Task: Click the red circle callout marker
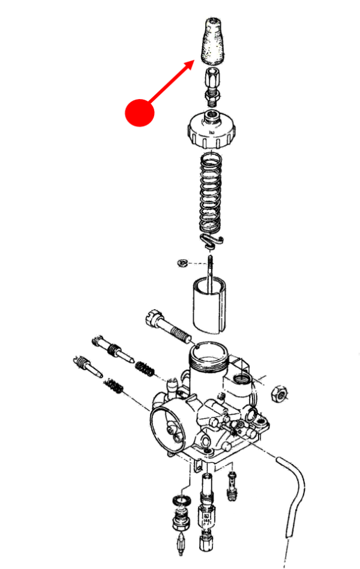point(139,112)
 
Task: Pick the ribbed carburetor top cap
point(213,131)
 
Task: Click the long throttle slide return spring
point(212,192)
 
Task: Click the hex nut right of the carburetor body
point(280,393)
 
